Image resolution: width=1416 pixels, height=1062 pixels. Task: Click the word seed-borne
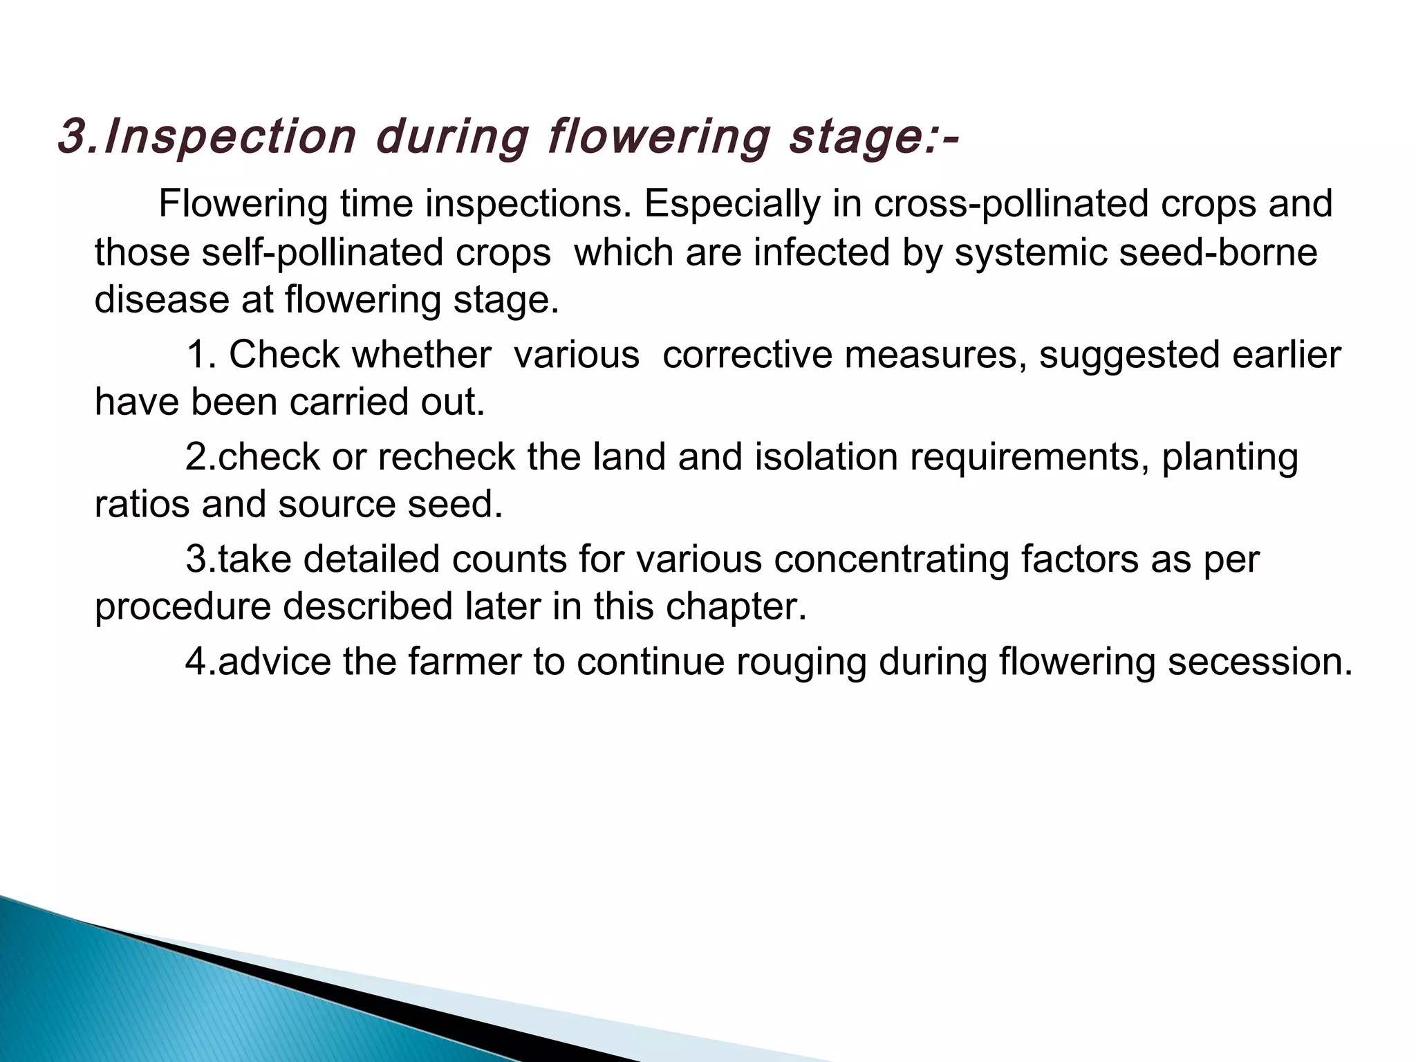1218,252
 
